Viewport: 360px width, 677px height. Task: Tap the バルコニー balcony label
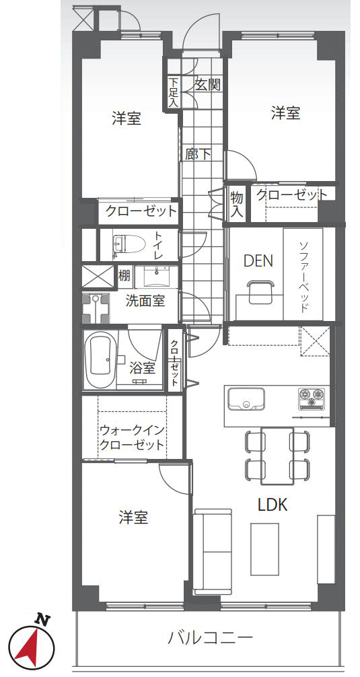(x=210, y=637)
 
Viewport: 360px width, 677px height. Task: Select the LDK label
(x=273, y=504)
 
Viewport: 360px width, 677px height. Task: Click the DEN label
(x=258, y=260)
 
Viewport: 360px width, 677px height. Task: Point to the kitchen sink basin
(x=246, y=400)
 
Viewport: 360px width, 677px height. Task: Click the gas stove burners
(x=310, y=398)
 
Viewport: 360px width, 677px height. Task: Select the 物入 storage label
(x=238, y=204)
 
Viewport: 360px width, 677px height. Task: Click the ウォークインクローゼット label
(x=132, y=437)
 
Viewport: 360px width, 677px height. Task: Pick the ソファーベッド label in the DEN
(x=303, y=277)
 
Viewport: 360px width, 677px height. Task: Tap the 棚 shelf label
(x=124, y=275)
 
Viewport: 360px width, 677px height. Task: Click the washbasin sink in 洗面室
(x=156, y=277)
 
